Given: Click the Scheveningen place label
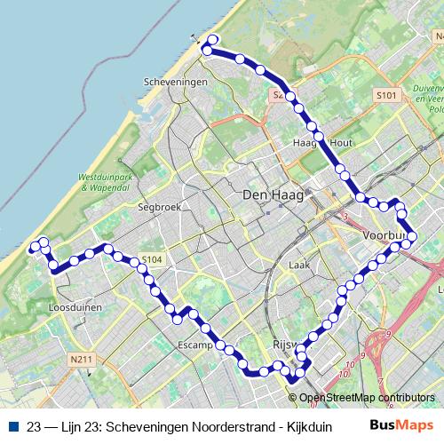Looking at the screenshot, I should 175,81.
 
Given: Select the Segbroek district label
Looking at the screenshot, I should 158,207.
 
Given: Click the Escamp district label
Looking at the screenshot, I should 195,344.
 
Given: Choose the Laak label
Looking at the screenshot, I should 300,265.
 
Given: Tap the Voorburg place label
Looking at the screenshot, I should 385,235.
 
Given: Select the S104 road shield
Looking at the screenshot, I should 152,260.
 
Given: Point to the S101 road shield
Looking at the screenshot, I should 385,94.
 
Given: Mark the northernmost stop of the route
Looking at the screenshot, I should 213,40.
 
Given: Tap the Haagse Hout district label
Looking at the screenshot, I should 316,141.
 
